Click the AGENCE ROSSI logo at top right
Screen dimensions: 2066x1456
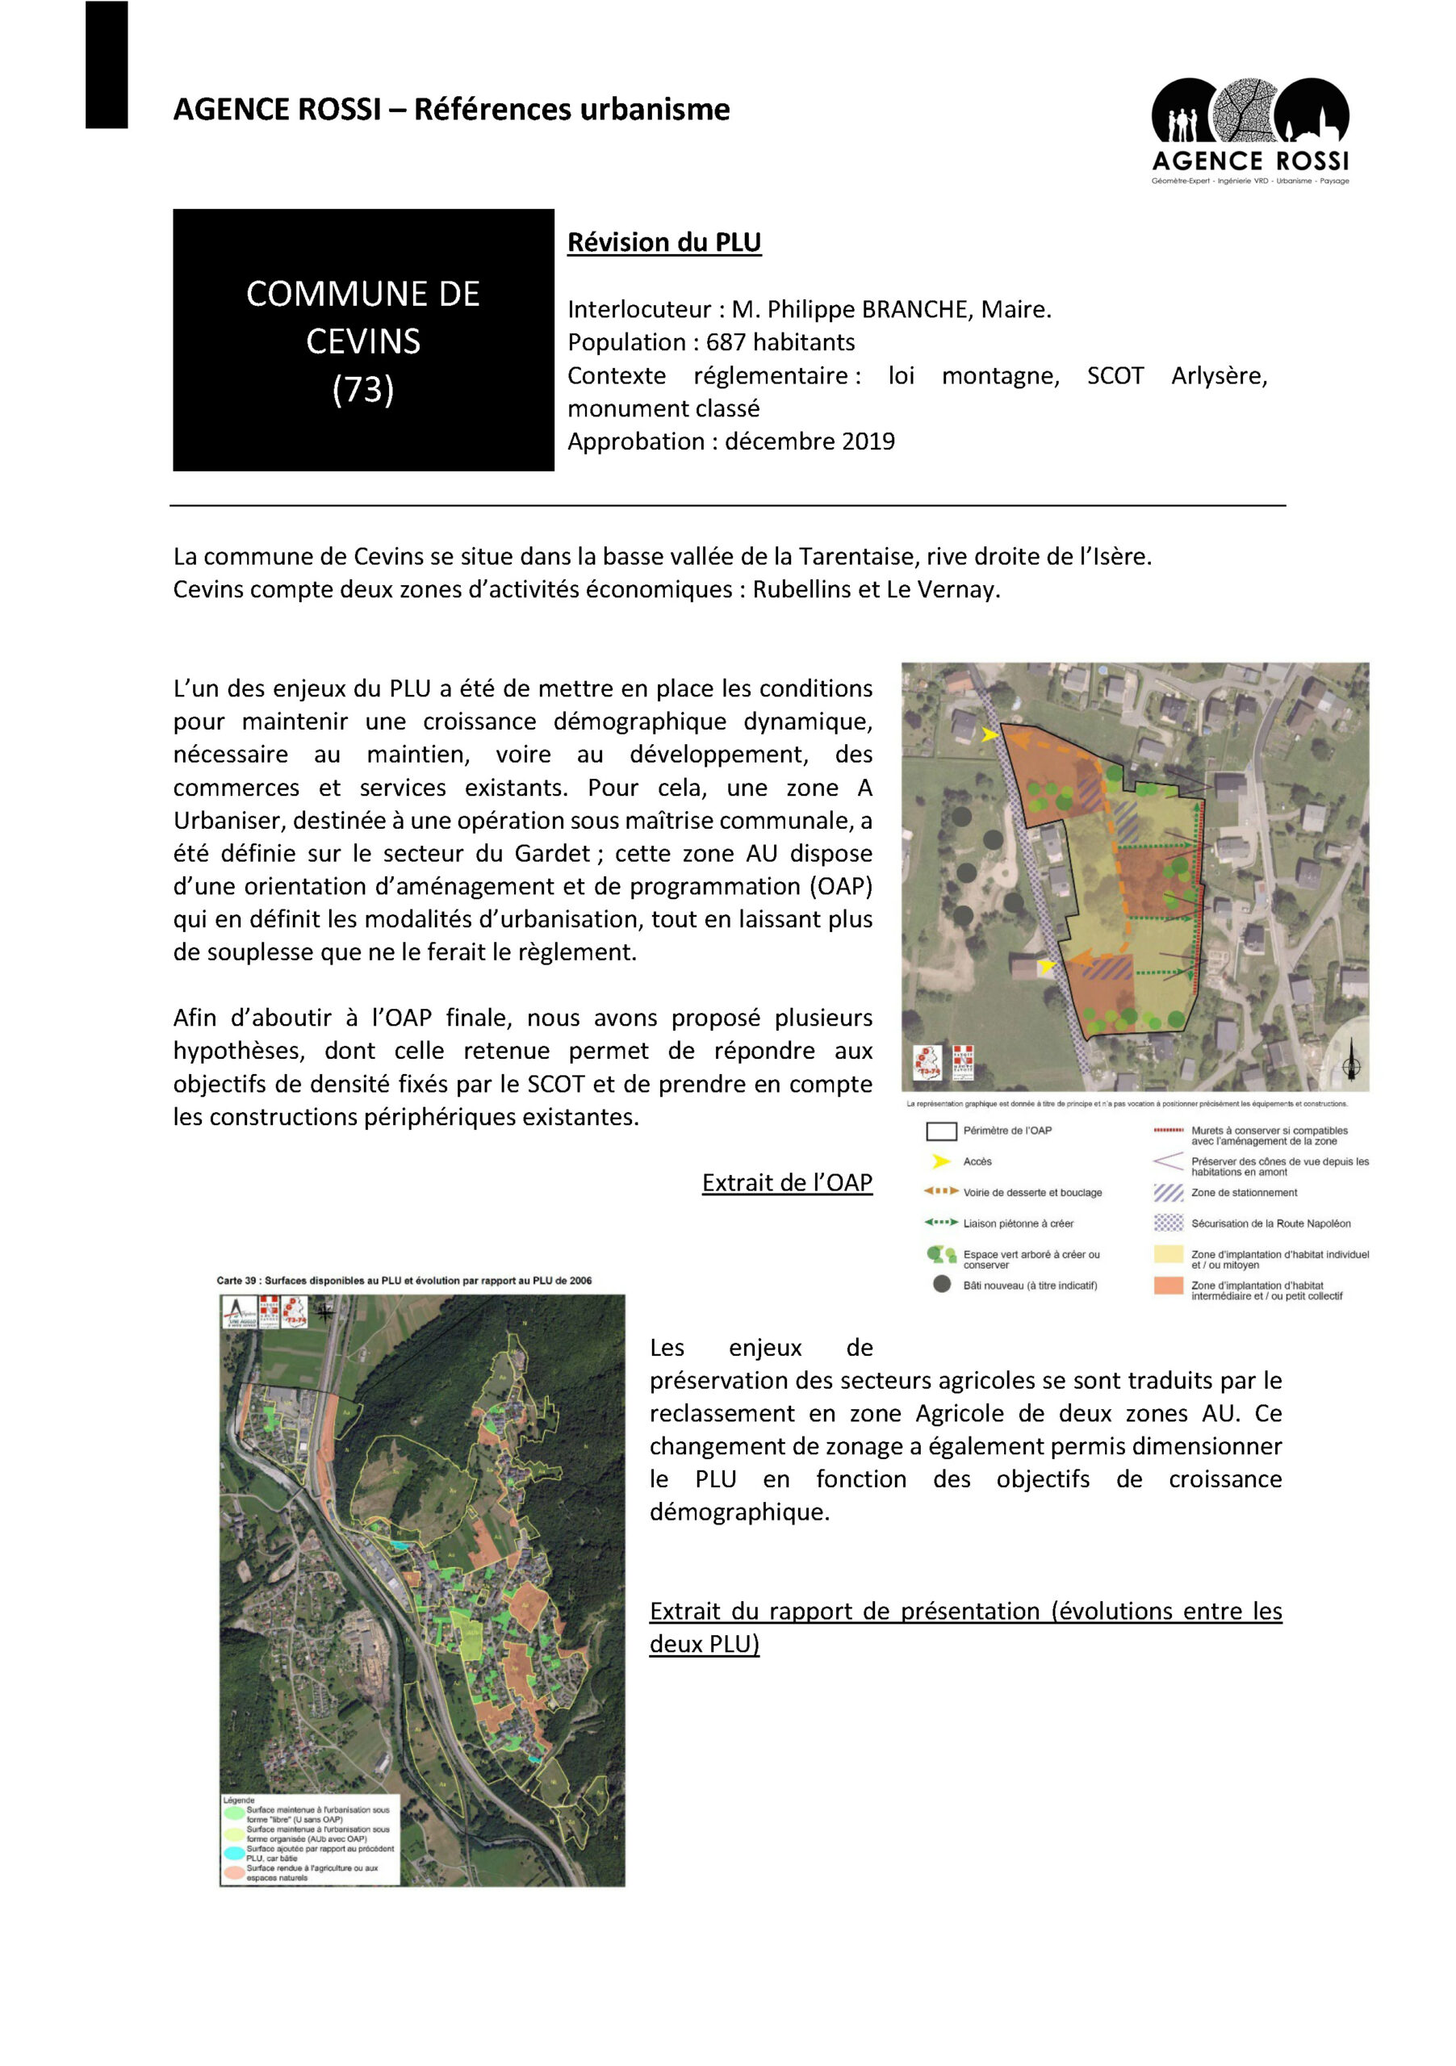pyautogui.click(x=1249, y=131)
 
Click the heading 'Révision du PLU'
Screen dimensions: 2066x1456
pyautogui.click(x=663, y=243)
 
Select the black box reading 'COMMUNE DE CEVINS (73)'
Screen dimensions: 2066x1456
pyautogui.click(x=362, y=340)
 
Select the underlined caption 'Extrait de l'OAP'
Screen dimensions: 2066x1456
pyautogui.click(x=786, y=1182)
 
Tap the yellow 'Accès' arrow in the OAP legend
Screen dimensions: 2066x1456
pyautogui.click(x=940, y=1161)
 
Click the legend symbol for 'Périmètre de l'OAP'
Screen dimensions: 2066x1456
pyautogui.click(x=940, y=1131)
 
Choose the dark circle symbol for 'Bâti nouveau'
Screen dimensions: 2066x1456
pyautogui.click(x=941, y=1284)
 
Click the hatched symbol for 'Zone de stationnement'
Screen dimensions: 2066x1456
pyautogui.click(x=1167, y=1193)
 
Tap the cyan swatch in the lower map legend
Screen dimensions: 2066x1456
pyautogui.click(x=235, y=1853)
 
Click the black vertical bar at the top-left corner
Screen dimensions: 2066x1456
pyautogui.click(x=107, y=65)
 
